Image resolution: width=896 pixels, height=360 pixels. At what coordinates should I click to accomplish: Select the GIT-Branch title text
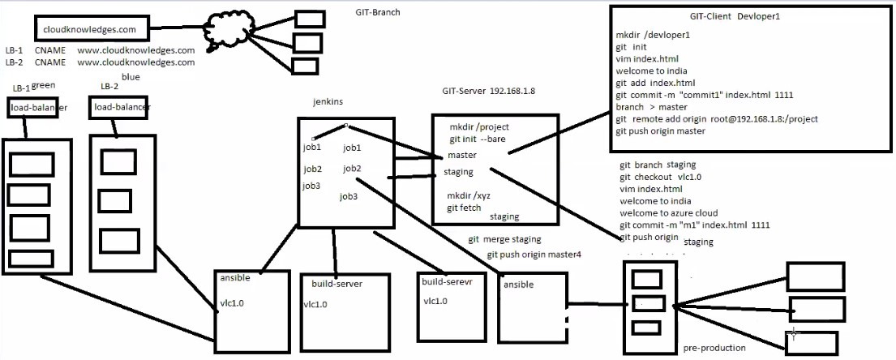tap(378, 12)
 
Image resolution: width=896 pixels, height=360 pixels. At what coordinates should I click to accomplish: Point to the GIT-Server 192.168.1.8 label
tap(488, 90)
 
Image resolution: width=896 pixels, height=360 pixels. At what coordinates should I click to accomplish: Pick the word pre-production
tap(714, 348)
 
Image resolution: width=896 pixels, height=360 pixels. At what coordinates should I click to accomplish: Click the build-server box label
tap(337, 284)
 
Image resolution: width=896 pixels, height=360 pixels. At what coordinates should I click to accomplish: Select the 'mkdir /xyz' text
tap(469, 196)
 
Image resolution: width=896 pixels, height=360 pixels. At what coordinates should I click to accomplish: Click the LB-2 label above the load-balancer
tap(109, 87)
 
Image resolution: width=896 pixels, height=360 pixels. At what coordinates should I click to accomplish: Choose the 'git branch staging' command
tap(658, 165)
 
